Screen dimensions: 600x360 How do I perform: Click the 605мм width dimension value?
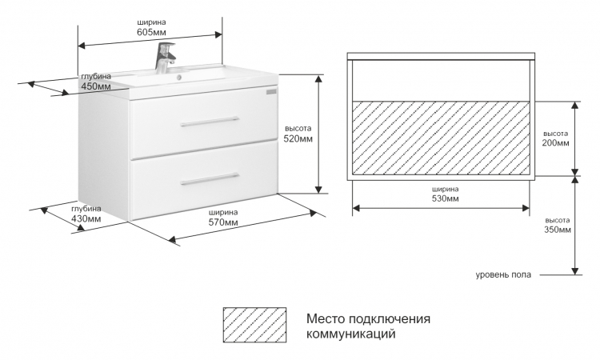pyautogui.click(x=151, y=32)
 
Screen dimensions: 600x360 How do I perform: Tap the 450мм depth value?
pyautogui.click(x=96, y=86)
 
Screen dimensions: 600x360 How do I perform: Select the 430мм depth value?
pyautogui.click(x=86, y=219)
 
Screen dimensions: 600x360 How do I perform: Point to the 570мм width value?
pyautogui.click(x=223, y=222)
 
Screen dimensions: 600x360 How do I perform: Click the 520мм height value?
pyautogui.click(x=298, y=138)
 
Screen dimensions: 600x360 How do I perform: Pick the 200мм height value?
pyautogui.click(x=556, y=143)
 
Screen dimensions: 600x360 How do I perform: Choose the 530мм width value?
pyautogui.click(x=446, y=198)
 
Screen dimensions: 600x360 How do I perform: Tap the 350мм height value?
pyautogui.click(x=558, y=230)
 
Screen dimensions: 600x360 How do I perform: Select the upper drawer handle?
pyautogui.click(x=210, y=122)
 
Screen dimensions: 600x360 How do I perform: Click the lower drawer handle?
pyautogui.click(x=210, y=178)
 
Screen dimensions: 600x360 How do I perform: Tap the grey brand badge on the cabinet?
pyautogui.click(x=272, y=92)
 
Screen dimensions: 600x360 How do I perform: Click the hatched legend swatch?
pyautogui.click(x=254, y=325)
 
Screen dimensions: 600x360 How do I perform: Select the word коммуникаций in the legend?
pyautogui.click(x=351, y=334)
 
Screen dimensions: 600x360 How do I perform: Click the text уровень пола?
pyautogui.click(x=503, y=274)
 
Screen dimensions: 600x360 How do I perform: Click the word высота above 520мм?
pyautogui.click(x=298, y=129)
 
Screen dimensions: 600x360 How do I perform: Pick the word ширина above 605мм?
pyautogui.click(x=151, y=22)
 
